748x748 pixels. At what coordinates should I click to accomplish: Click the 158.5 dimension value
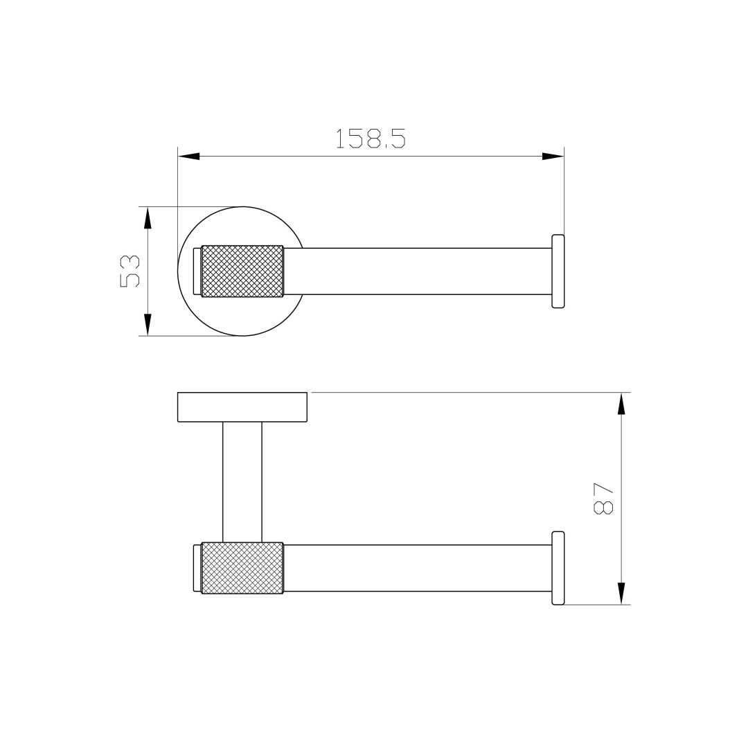click(371, 139)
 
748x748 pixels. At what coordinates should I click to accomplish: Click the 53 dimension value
click(130, 271)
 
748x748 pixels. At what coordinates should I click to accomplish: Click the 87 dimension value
click(603, 498)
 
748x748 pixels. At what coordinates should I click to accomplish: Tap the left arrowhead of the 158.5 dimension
click(188, 156)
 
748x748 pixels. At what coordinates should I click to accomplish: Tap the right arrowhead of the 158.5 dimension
click(553, 156)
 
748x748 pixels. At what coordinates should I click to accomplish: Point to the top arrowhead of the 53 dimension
click(148, 217)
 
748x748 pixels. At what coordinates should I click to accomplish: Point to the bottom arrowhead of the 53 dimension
click(148, 325)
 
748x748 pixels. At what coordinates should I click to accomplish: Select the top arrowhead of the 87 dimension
click(621, 404)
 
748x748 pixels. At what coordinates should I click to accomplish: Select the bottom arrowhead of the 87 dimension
click(621, 594)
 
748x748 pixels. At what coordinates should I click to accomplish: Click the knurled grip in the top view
click(242, 271)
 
